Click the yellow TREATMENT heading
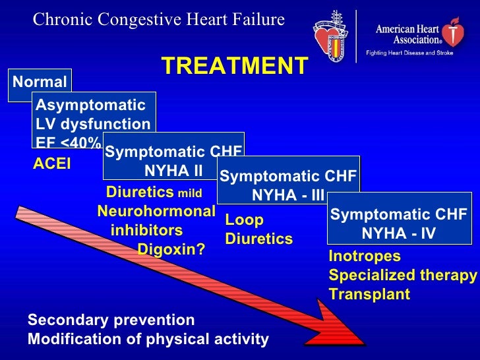tap(234, 66)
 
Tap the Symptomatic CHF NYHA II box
tap(173, 161)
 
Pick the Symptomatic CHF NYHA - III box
tap(287, 185)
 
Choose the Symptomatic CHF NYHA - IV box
tap(398, 224)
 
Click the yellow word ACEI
tap(52, 164)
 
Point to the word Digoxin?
tap(171, 250)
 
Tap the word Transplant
tap(369, 294)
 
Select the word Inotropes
tap(365, 257)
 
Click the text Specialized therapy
tap(402, 276)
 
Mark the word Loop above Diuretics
tap(244, 220)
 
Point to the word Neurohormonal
tap(156, 212)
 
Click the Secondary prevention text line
tap(111, 320)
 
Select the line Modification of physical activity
tap(148, 340)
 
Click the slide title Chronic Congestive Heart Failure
tap(159, 20)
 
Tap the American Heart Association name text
tap(408, 34)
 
